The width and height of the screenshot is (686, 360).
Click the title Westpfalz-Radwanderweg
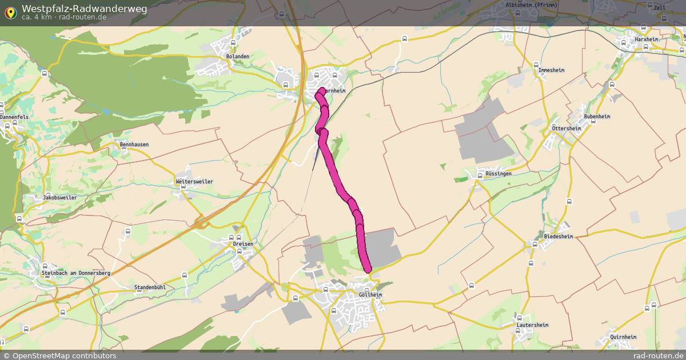pyautogui.click(x=84, y=9)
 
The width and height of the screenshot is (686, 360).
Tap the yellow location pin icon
pyautogui.click(x=10, y=12)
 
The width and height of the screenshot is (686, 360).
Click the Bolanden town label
pyautogui.click(x=237, y=57)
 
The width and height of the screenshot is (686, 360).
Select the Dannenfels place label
pyautogui.click(x=14, y=117)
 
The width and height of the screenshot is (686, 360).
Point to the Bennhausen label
pyautogui.click(x=134, y=145)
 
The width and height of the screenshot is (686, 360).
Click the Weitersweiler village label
pyautogui.click(x=194, y=182)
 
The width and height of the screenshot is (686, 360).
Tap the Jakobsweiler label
pyautogui.click(x=59, y=198)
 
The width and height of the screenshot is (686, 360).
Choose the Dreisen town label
pyautogui.click(x=243, y=244)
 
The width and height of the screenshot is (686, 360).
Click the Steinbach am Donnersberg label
pyautogui.click(x=75, y=273)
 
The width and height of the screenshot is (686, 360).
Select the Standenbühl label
pyautogui.click(x=149, y=287)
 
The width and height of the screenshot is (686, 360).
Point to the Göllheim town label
pyautogui.click(x=370, y=295)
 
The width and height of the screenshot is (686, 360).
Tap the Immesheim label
pyautogui.click(x=552, y=70)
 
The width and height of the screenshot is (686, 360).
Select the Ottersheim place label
pyautogui.click(x=567, y=129)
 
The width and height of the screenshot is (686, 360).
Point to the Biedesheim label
pyautogui.click(x=559, y=236)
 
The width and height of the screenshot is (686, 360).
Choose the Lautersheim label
pyautogui.click(x=532, y=325)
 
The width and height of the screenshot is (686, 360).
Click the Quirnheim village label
pyautogui.click(x=623, y=337)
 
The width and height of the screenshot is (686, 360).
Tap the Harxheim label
pyautogui.click(x=646, y=39)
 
